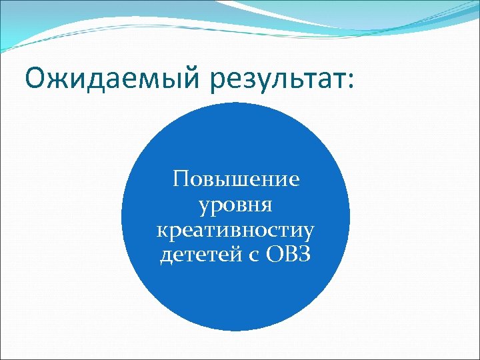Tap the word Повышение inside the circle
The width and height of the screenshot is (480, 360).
[235, 179]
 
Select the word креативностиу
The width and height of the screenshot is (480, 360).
[235, 231]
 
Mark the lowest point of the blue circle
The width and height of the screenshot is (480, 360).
[235, 331]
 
